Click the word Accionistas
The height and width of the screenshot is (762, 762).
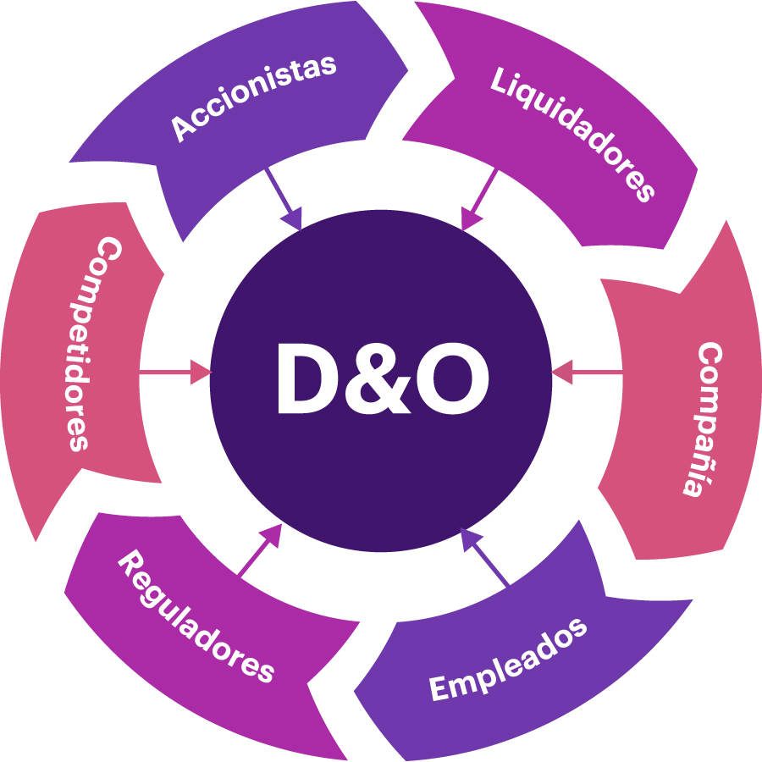tap(254, 98)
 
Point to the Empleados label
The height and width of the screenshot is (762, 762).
tap(507, 660)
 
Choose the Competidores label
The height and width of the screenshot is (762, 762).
tap(88, 343)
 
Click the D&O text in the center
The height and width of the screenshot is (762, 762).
tap(382, 380)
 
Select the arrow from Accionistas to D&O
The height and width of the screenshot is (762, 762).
tap(284, 200)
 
